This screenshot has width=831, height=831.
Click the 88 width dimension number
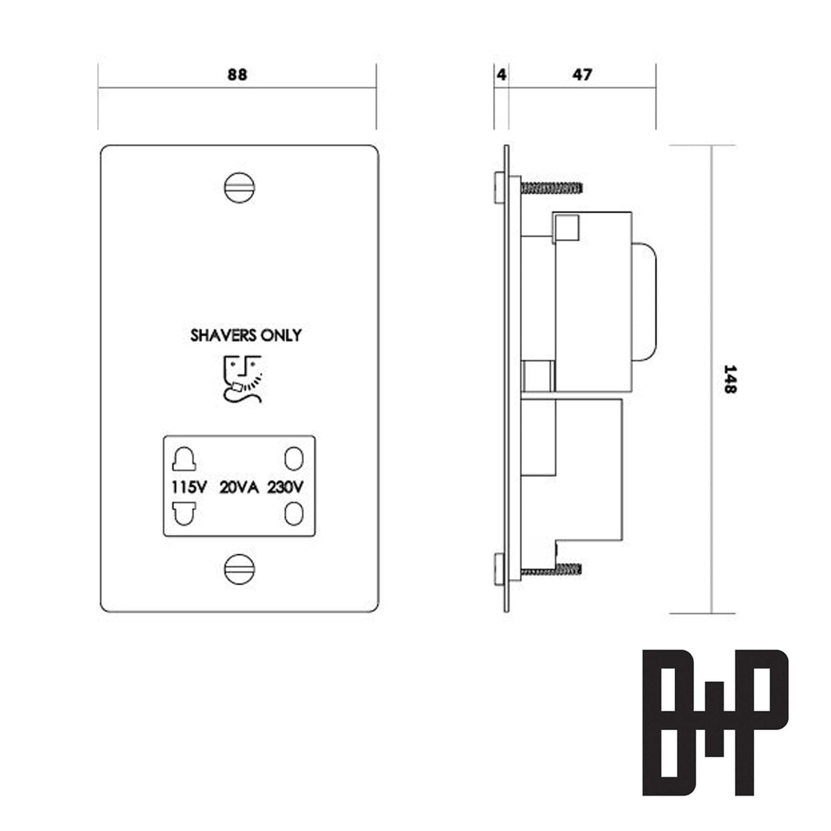[237, 75]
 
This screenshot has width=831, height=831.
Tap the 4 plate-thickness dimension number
[501, 74]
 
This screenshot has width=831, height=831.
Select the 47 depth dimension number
[582, 74]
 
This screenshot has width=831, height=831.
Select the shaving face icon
[242, 377]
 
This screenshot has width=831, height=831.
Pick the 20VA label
[239, 487]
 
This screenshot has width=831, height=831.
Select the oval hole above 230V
[294, 459]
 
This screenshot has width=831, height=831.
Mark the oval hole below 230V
[294, 514]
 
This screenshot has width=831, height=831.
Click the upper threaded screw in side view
[551, 187]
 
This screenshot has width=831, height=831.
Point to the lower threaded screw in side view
[551, 569]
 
